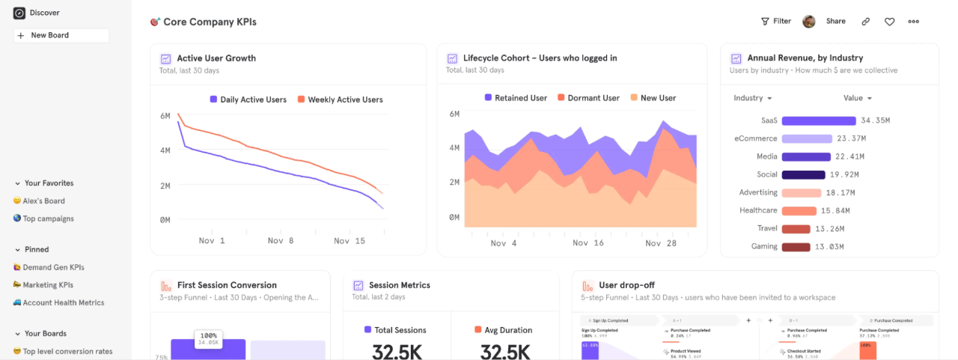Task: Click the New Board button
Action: (x=61, y=35)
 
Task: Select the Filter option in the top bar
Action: (x=776, y=21)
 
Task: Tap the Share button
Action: (x=835, y=21)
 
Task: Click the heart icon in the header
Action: (x=889, y=22)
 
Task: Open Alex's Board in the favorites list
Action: (x=43, y=201)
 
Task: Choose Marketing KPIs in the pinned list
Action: (x=48, y=285)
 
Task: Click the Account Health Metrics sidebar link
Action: (x=63, y=303)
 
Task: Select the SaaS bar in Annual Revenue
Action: (x=818, y=120)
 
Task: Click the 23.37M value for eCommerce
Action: (x=851, y=138)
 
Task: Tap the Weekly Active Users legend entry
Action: (x=345, y=100)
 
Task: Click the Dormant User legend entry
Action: (x=594, y=98)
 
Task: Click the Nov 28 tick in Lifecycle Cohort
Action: (x=660, y=243)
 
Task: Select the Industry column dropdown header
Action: (x=752, y=98)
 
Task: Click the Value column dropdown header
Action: (x=857, y=98)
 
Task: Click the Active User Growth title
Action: (x=216, y=58)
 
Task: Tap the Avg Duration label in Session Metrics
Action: (x=508, y=330)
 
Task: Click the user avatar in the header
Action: (x=808, y=21)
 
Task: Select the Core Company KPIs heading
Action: (x=210, y=22)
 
